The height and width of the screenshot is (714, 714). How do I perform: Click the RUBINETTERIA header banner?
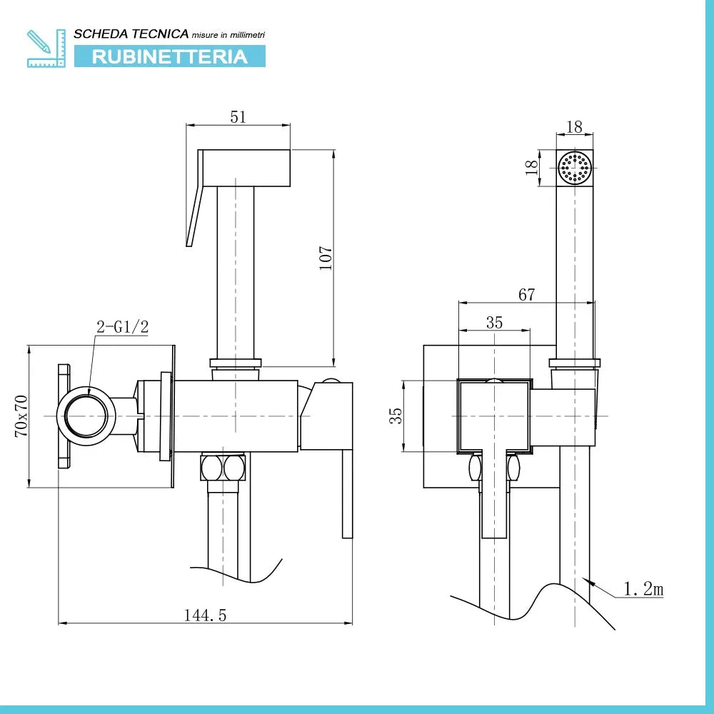point(170,56)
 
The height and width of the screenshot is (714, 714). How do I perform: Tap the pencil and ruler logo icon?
point(46,48)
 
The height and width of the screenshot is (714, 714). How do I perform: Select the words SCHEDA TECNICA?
point(131,34)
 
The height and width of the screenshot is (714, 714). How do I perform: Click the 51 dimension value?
point(238,117)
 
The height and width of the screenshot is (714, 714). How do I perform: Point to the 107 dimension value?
point(326,258)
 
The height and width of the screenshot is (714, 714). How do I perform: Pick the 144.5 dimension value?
point(205,615)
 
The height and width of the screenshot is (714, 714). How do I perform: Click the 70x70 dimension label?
point(21,416)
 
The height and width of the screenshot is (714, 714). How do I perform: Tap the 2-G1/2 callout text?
point(122,327)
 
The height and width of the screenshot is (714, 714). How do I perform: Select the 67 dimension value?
point(526,294)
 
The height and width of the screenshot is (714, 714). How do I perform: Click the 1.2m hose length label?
point(643,589)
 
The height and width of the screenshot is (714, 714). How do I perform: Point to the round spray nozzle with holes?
point(575,169)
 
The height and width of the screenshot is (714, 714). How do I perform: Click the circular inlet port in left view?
point(86,416)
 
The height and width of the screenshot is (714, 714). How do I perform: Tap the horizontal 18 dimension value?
point(574,127)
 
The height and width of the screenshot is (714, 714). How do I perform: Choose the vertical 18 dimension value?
point(531,169)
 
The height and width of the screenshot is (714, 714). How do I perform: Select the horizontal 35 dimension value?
point(494,322)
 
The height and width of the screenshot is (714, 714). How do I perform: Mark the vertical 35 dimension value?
point(396,416)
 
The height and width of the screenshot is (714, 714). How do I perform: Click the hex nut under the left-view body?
point(222,468)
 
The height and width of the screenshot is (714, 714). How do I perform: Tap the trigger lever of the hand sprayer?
point(195,214)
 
